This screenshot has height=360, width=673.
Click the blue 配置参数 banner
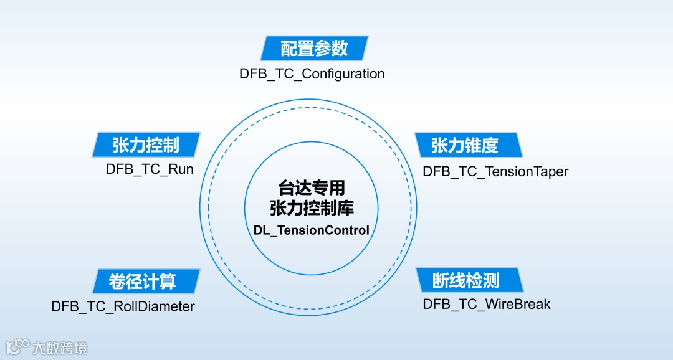(314, 48)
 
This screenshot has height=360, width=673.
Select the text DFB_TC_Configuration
(312, 73)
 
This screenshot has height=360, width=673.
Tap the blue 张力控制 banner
(146, 144)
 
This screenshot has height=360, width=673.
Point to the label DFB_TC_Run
(150, 169)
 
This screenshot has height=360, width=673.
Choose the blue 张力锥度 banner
(465, 144)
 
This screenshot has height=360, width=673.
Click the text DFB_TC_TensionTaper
(495, 171)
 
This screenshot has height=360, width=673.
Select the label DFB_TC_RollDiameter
(123, 306)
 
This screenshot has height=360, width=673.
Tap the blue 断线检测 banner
(466, 280)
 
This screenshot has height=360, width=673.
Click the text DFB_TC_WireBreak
(487, 304)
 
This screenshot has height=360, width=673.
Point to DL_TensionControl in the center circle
(311, 230)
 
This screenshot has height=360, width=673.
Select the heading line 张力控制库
(311, 208)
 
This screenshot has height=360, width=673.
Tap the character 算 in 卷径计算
(167, 282)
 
